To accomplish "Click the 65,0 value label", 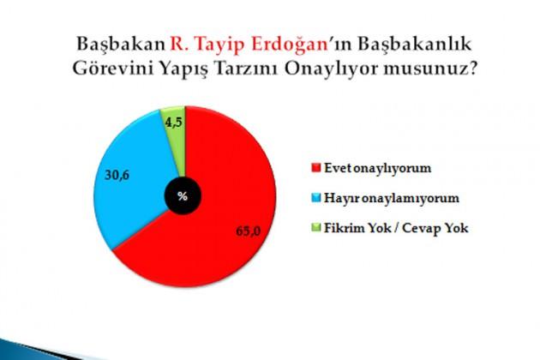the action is click(249, 231).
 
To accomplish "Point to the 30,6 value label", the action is click(117, 176).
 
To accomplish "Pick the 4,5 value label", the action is click(173, 123).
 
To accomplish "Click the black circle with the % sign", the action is click(183, 196).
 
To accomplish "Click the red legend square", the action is click(315, 168).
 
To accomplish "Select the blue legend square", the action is click(315, 198).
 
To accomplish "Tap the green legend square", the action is click(315, 228).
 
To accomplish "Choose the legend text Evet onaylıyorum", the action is click(378, 169).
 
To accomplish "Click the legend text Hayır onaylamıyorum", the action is click(392, 199).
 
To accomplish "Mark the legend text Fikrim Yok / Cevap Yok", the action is click(396, 228).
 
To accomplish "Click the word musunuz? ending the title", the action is click(430, 69).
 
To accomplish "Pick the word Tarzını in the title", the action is click(247, 69).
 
